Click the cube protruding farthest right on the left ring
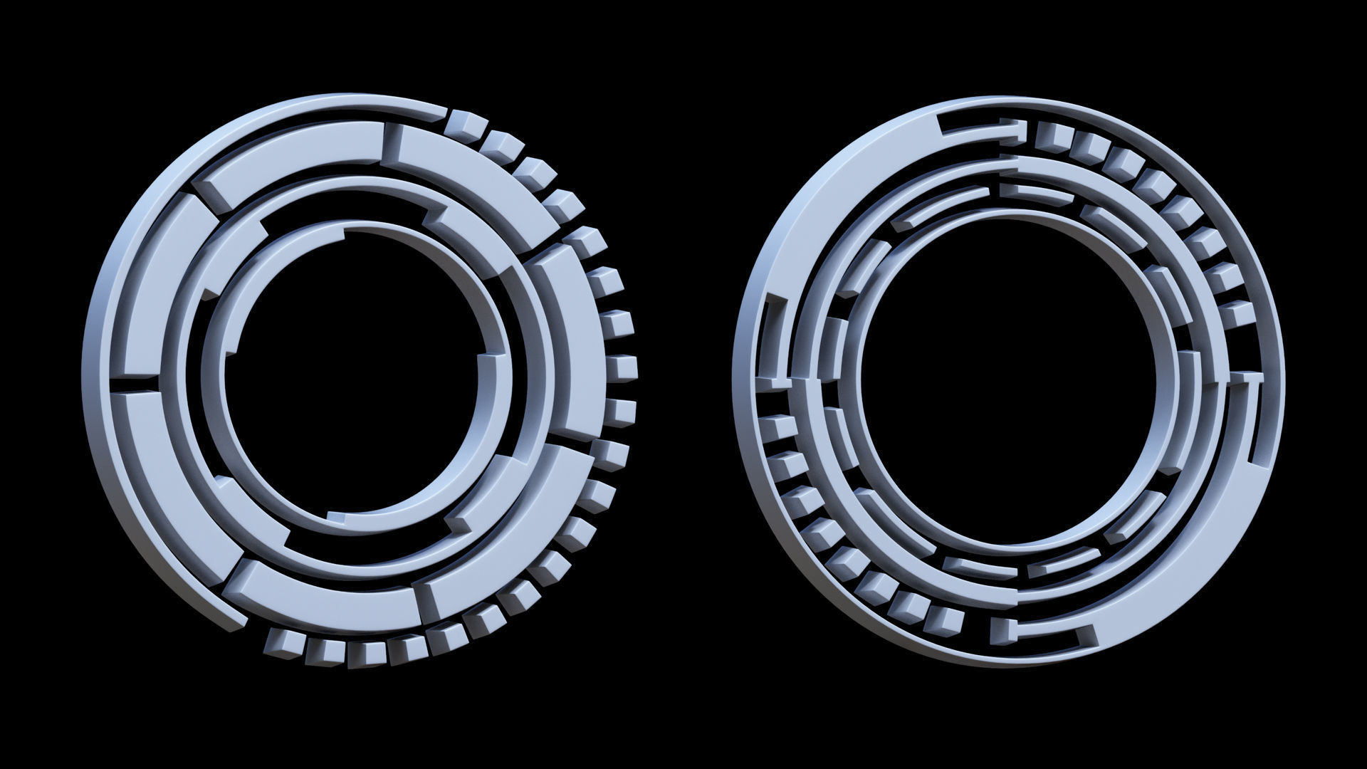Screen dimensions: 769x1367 [623, 368]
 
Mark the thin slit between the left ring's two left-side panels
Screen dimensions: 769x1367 [135, 384]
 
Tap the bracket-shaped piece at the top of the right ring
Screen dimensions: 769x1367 [983, 128]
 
